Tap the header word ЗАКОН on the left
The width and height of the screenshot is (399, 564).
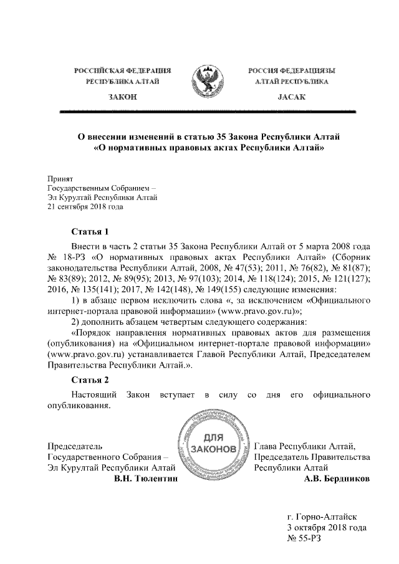(x=122, y=98)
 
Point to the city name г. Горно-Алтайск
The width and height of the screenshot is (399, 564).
(x=322, y=516)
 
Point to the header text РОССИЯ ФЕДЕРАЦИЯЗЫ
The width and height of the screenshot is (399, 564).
(x=292, y=72)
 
